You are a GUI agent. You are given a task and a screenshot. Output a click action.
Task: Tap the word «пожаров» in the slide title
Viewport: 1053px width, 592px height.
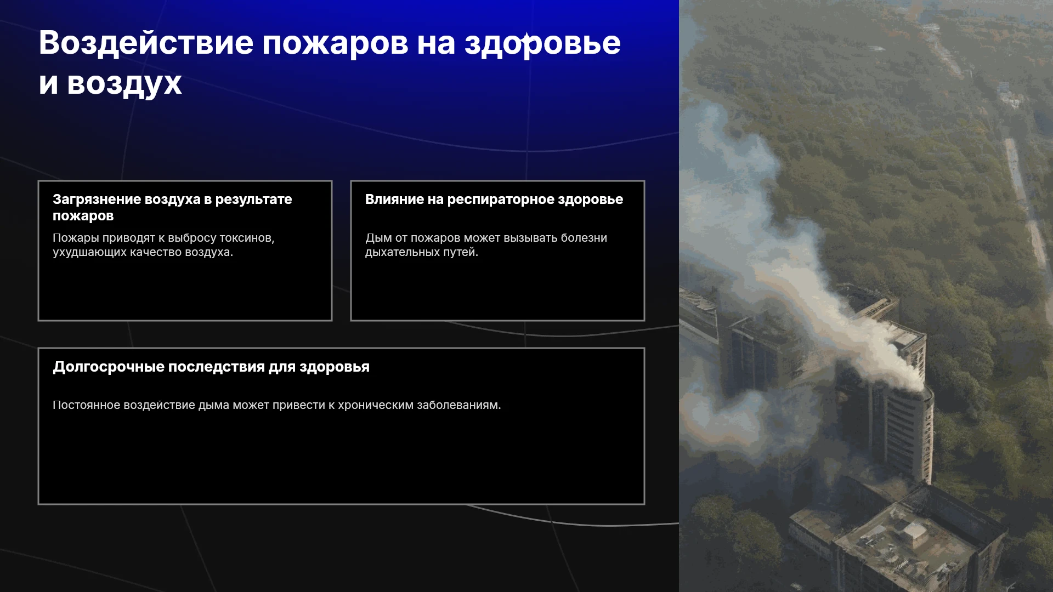(x=335, y=44)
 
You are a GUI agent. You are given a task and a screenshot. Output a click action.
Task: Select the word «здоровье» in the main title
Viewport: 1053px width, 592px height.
(x=543, y=44)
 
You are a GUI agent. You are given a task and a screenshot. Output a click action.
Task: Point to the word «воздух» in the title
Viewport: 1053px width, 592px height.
(x=124, y=84)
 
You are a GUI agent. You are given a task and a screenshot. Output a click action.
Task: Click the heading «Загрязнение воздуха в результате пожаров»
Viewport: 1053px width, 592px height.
(x=172, y=207)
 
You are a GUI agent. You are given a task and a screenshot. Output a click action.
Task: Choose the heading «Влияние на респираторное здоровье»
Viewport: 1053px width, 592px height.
(x=494, y=199)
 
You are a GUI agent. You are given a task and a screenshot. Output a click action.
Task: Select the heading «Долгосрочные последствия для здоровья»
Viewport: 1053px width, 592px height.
(x=211, y=367)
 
